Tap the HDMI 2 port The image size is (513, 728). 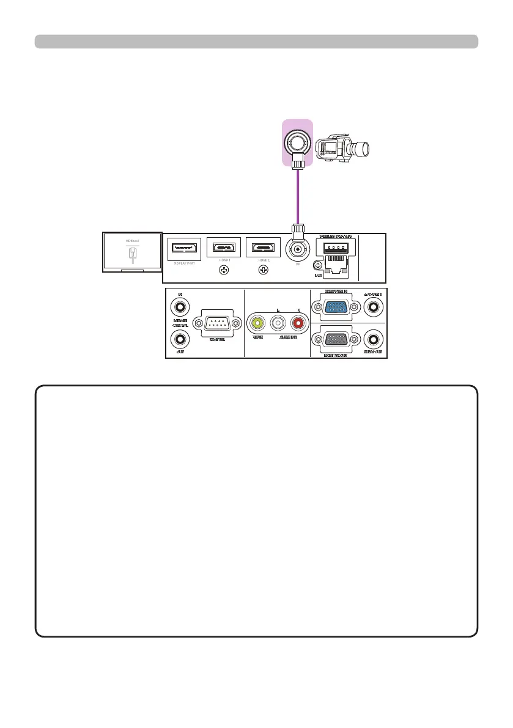point(264,248)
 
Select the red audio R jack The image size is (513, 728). point(299,323)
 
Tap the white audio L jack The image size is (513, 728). point(279,323)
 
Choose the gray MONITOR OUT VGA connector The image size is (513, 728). point(338,339)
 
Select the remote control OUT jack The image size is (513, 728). point(180,339)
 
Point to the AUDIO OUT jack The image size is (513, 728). point(373,339)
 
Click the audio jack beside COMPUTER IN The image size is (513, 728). point(373,306)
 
